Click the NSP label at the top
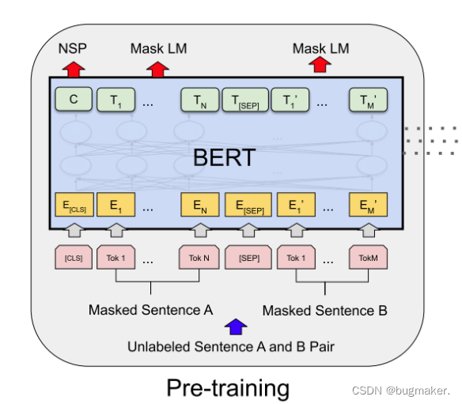click(x=72, y=49)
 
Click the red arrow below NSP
click(x=72, y=68)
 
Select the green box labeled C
click(x=73, y=100)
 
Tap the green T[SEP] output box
click(x=244, y=100)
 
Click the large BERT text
click(x=225, y=157)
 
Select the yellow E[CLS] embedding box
click(x=73, y=207)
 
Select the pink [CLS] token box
click(x=73, y=258)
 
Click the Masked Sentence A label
click(x=150, y=310)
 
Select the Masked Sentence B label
click(x=324, y=310)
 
